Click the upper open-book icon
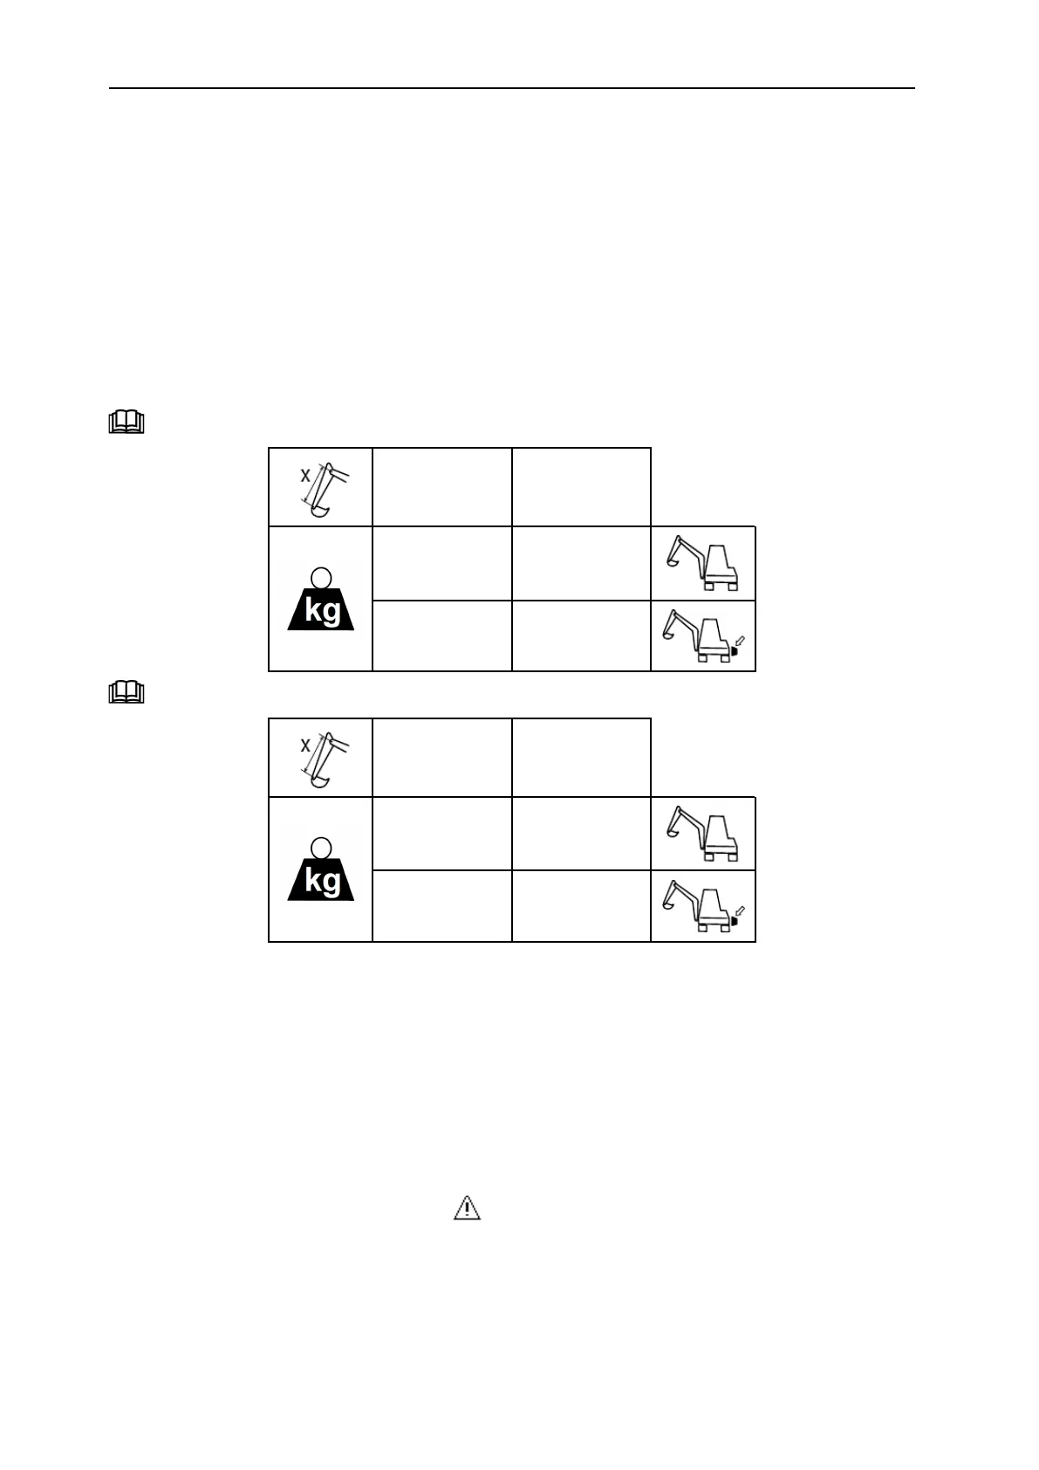coord(126,423)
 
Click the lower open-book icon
coord(126,693)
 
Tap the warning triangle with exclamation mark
coord(468,1208)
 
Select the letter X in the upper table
coord(305,476)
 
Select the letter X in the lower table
coord(305,745)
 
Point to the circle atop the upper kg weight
coord(321,577)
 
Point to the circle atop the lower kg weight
coord(321,848)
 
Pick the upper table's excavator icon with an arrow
coord(702,636)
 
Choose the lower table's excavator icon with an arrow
coord(702,907)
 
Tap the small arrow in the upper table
coord(741,640)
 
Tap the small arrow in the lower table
coord(741,910)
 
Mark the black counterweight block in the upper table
coord(734,650)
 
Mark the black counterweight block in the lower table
coord(734,921)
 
